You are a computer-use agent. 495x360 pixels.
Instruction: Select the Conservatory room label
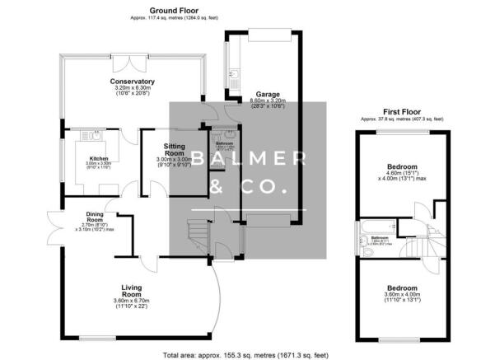click(133, 82)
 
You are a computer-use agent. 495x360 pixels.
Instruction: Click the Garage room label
click(268, 94)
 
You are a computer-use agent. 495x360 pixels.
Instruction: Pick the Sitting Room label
click(174, 149)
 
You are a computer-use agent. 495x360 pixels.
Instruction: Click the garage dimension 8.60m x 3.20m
click(268, 101)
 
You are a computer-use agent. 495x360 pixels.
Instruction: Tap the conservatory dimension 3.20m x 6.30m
click(133, 89)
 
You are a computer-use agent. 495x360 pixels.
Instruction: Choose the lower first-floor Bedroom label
click(402, 288)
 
